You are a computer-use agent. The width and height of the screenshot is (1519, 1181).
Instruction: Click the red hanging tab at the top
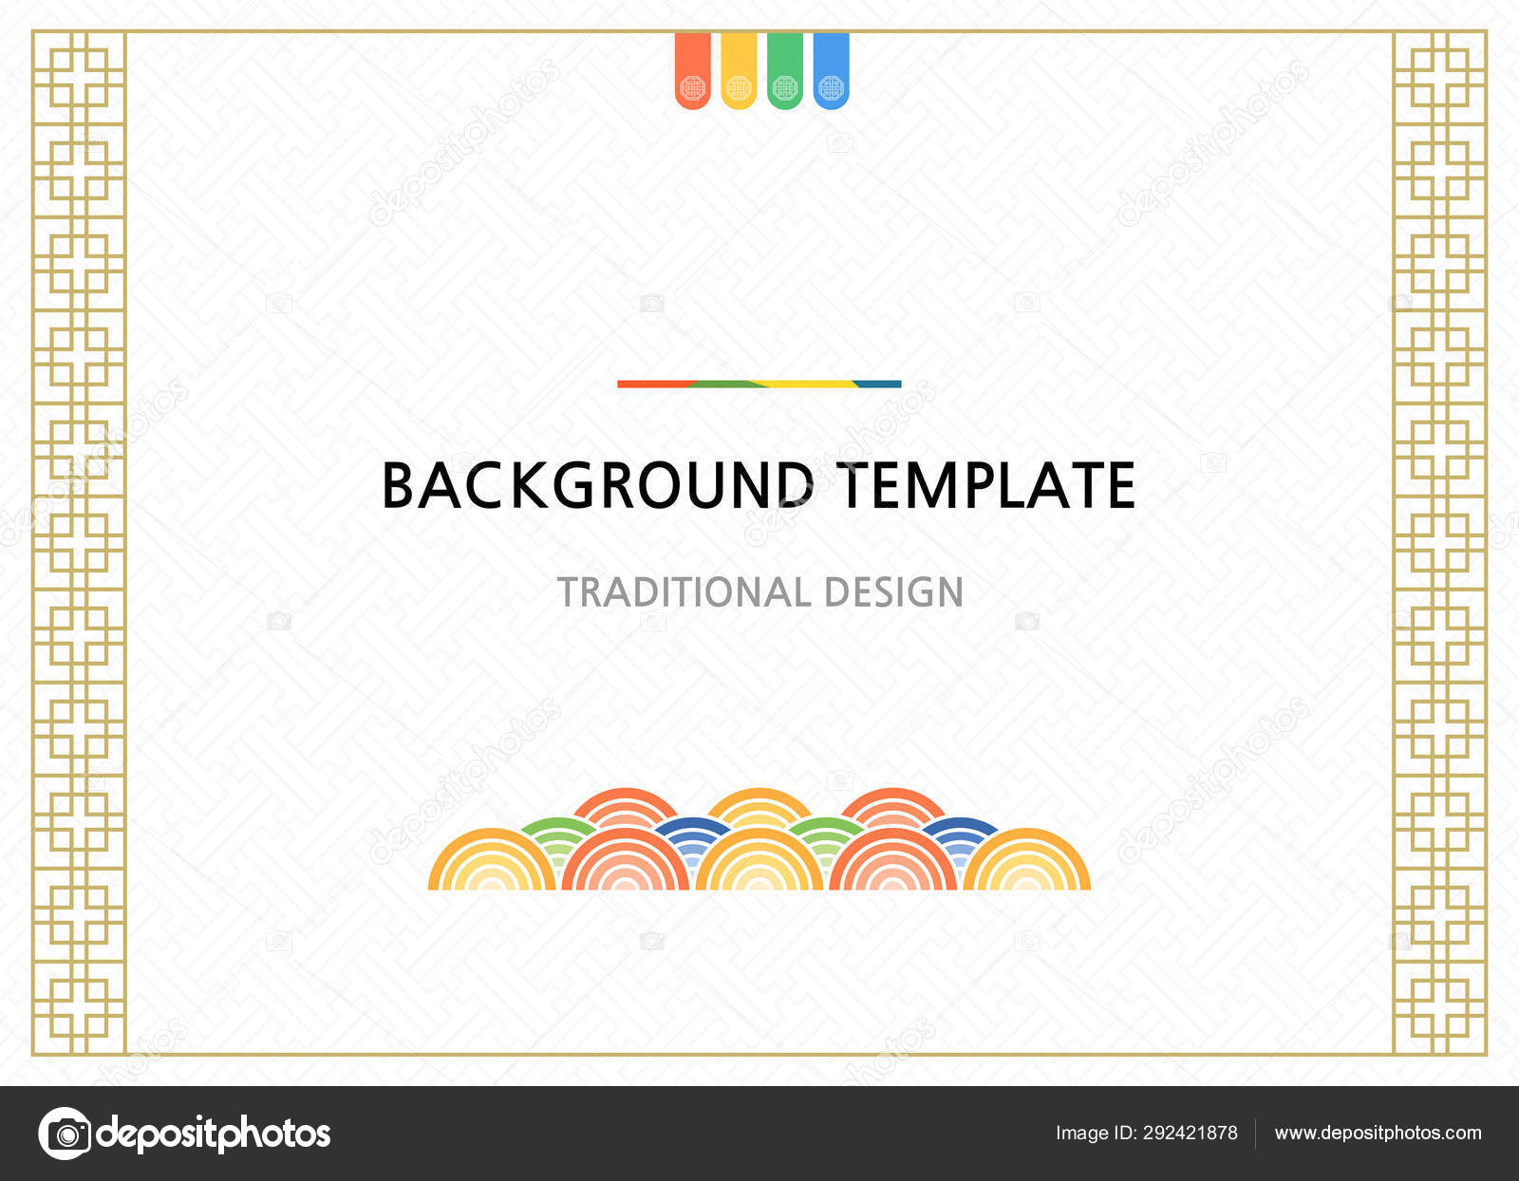click(x=692, y=71)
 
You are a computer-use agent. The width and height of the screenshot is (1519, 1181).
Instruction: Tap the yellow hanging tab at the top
click(x=739, y=71)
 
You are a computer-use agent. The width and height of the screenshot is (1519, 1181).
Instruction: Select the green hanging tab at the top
click(x=784, y=71)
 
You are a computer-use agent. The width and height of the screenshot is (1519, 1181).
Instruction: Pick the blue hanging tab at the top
click(x=831, y=71)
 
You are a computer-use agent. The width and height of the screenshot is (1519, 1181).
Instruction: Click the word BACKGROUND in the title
click(x=597, y=486)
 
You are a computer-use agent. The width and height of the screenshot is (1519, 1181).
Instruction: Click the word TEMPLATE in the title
click(x=985, y=486)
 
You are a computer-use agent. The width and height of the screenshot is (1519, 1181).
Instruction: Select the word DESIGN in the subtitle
click(x=893, y=592)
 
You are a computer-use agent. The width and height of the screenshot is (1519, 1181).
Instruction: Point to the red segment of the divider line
click(x=650, y=384)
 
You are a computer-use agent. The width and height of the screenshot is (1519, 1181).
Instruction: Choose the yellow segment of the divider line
click(x=807, y=384)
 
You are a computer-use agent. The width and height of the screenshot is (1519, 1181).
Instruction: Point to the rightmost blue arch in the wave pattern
click(x=961, y=829)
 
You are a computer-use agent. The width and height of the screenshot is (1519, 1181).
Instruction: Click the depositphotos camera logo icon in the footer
click(x=65, y=1133)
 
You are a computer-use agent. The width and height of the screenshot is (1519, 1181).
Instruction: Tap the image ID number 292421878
click(x=1190, y=1133)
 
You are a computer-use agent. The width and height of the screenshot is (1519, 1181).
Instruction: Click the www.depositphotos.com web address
click(x=1378, y=1133)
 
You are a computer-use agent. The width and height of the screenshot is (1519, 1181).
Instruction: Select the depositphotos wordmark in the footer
click(x=214, y=1133)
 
